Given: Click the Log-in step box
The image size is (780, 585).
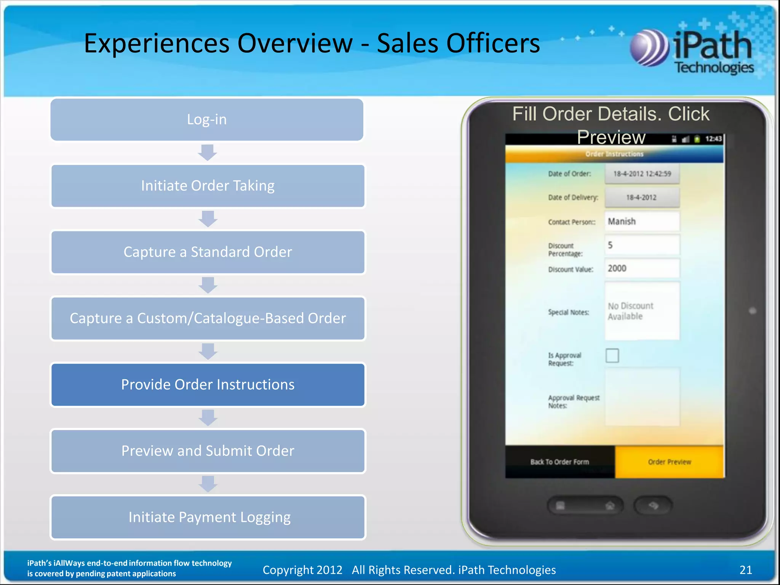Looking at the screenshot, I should click(207, 120).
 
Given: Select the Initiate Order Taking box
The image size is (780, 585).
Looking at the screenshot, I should click(208, 186).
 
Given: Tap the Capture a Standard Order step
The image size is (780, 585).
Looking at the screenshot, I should click(208, 252).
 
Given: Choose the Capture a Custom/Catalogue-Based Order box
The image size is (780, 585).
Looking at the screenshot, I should click(208, 318).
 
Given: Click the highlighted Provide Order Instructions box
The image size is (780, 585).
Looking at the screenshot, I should click(208, 385).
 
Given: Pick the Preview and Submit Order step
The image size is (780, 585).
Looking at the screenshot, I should click(208, 451).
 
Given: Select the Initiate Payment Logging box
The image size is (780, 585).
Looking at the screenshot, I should click(208, 517).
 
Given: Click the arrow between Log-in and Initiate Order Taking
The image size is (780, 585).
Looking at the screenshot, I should click(208, 152).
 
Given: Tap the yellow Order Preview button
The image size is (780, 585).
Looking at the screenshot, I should click(669, 462).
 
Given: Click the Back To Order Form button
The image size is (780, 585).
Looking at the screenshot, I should click(559, 462).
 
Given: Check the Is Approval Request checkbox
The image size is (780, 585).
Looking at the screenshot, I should click(612, 355).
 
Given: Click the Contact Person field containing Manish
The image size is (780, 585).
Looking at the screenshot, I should click(642, 221).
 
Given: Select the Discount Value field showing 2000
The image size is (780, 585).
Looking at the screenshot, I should click(642, 269).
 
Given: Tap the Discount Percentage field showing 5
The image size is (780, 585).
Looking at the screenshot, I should click(642, 245).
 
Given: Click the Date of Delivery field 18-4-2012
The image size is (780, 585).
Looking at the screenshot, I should click(642, 197).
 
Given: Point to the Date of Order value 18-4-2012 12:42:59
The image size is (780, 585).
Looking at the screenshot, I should click(642, 174).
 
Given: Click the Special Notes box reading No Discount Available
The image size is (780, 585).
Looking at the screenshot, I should click(642, 311).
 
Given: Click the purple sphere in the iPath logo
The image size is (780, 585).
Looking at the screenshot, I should click(649, 48).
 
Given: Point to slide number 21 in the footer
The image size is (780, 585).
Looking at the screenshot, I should click(745, 570).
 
